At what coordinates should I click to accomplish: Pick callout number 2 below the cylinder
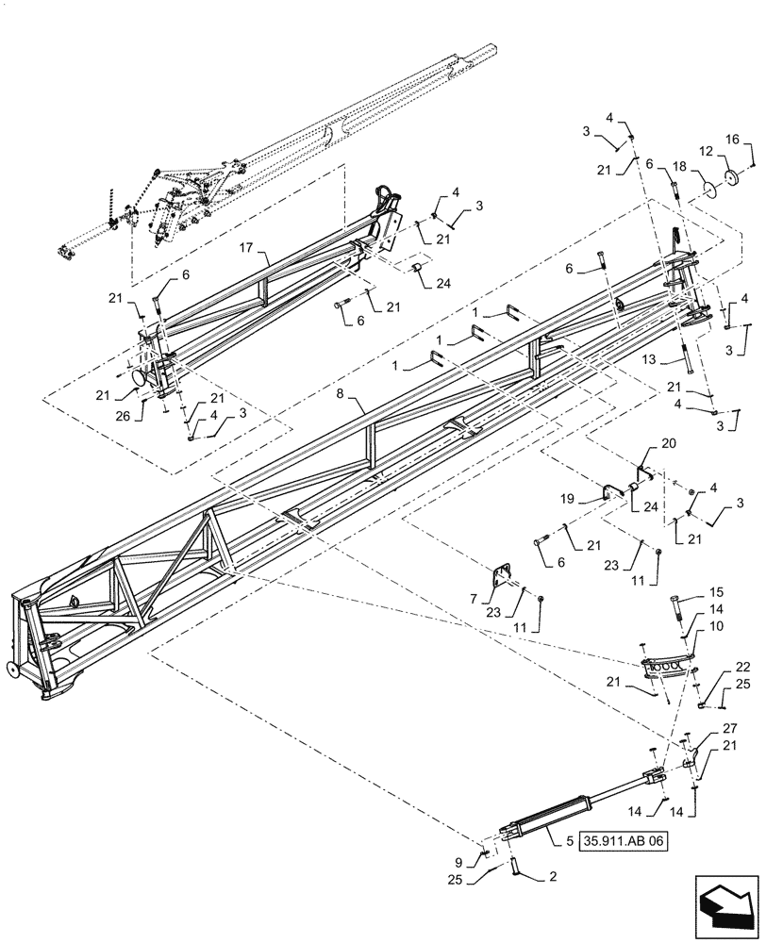[x=552, y=876]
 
